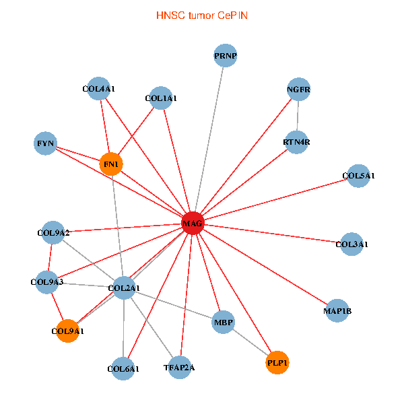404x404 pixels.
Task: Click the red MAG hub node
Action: (x=193, y=223)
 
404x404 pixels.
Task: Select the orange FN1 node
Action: (x=111, y=164)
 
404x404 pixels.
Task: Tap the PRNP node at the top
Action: (x=226, y=55)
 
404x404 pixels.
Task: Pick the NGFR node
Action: (x=298, y=90)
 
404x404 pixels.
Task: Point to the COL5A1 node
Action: (x=358, y=176)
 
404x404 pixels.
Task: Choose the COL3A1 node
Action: (x=351, y=244)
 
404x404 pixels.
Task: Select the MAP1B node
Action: (x=337, y=310)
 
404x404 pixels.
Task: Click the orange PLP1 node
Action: (x=277, y=363)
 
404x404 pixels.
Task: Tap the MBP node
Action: (x=224, y=323)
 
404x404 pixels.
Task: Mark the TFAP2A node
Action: (x=179, y=368)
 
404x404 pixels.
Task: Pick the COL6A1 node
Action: (x=123, y=368)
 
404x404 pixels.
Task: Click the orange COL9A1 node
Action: (x=67, y=331)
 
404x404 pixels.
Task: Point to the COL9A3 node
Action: (x=47, y=282)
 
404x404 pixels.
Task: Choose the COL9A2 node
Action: (x=53, y=233)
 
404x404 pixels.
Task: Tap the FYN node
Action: (x=46, y=143)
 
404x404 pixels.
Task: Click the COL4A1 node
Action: (x=99, y=88)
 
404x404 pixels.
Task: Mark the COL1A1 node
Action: (x=161, y=98)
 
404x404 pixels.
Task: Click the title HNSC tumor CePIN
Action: (x=201, y=15)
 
